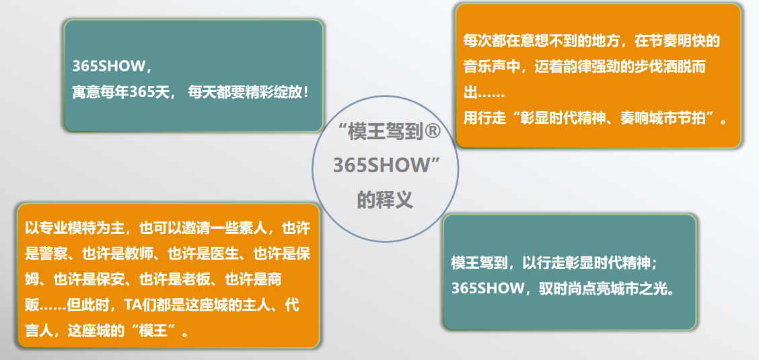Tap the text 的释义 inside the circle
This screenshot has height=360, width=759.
click(x=385, y=199)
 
